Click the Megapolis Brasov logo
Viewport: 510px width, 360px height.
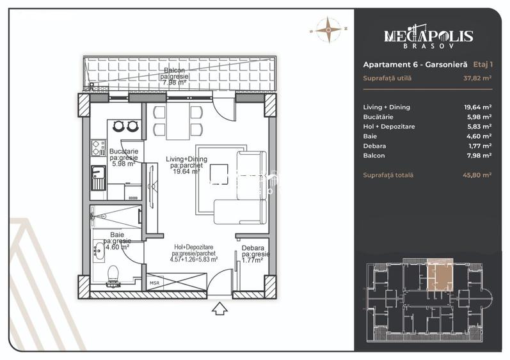428,36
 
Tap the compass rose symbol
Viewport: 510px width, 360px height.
329,29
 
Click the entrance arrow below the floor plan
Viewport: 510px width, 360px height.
220,308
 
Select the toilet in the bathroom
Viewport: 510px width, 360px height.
113,276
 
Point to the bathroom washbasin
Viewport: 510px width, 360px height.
99,251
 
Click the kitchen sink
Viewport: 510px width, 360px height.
99,178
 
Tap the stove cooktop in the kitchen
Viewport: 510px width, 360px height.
99,148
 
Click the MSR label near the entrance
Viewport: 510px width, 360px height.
154,283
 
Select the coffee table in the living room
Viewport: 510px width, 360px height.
219,174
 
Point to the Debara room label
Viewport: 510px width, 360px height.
253,248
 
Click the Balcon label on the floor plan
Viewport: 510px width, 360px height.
174,70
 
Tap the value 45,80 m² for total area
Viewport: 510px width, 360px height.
477,175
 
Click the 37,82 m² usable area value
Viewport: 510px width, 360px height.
477,78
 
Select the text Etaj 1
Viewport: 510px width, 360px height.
482,65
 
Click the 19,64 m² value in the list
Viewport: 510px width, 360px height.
477,107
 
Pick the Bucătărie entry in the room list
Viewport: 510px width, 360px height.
378,116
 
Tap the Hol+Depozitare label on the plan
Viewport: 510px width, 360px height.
193,247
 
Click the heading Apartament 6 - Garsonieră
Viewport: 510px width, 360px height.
415,65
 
